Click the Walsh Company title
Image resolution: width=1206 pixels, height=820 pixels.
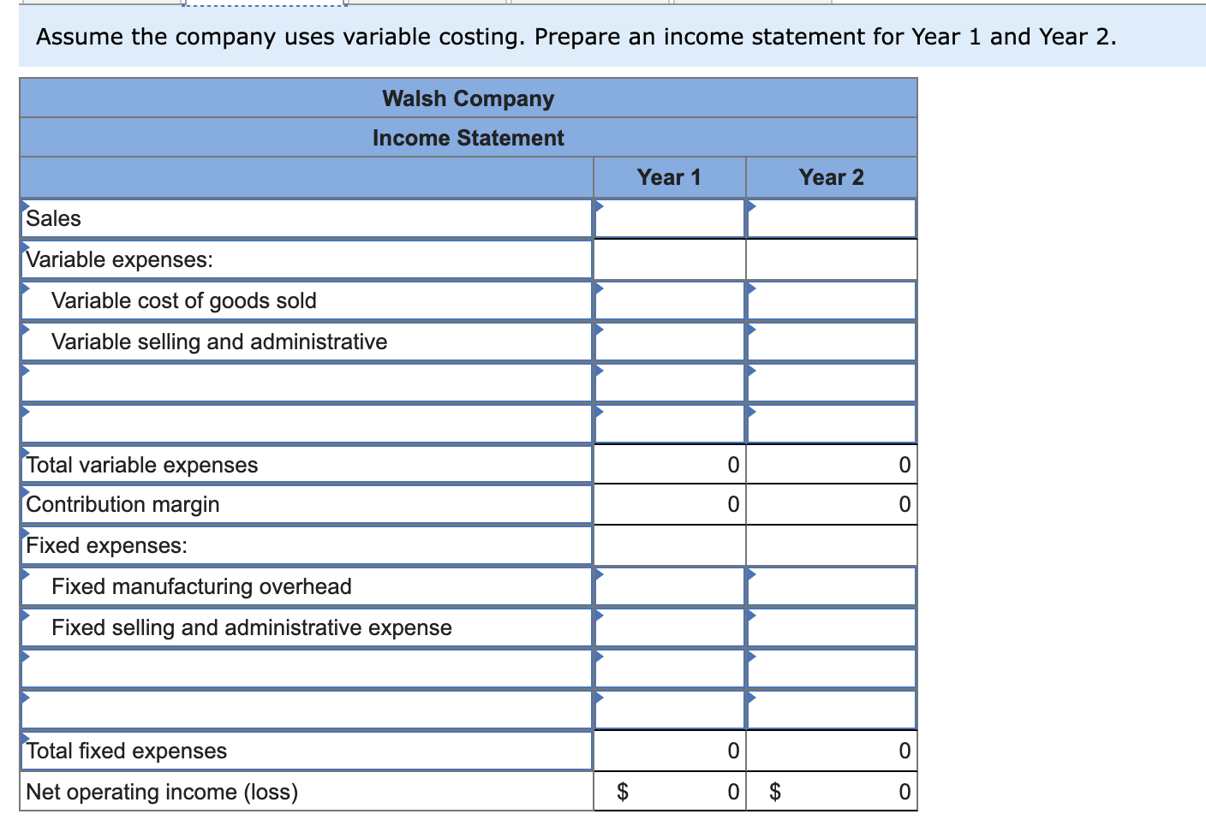coord(468,98)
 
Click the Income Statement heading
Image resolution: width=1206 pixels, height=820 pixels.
coord(468,138)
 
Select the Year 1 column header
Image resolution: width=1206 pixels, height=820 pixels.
coord(669,177)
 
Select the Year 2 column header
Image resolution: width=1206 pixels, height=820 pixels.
coord(831,177)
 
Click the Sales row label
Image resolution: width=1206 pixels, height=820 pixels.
coord(54,218)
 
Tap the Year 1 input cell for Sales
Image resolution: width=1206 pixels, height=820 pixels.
coord(669,218)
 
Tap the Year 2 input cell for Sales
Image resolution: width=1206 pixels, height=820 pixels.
coord(831,218)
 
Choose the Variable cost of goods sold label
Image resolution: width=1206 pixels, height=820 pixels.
coord(184,300)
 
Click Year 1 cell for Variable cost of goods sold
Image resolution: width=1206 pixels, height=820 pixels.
coord(669,300)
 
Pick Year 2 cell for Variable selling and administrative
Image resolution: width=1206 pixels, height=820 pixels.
coord(831,342)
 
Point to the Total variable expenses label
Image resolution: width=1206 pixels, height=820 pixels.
coord(142,465)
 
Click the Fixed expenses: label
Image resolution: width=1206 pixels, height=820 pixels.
coord(107,545)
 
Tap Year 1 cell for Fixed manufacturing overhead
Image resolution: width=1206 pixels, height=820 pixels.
coord(669,586)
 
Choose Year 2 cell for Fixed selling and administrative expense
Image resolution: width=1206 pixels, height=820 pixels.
coord(831,627)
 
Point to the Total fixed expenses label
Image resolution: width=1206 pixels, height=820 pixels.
coord(127,751)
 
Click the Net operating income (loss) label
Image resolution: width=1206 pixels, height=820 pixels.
coord(163,792)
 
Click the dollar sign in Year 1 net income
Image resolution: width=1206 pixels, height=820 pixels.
coord(624,792)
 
